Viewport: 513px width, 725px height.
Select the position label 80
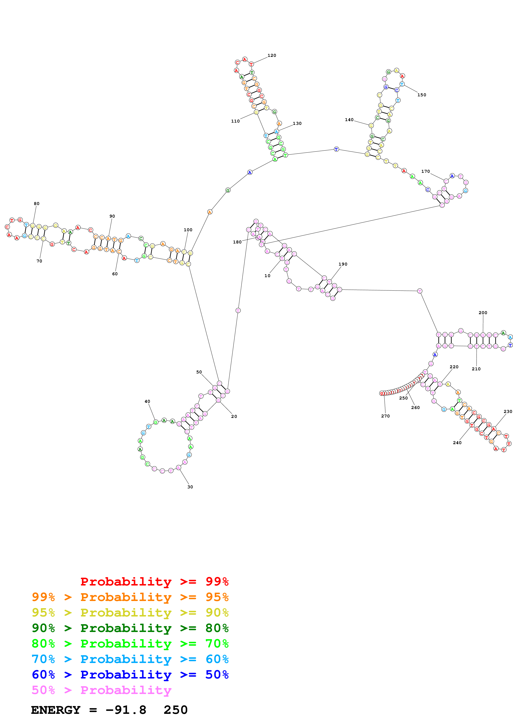pos(37,204)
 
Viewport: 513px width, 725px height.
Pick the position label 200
pos(483,313)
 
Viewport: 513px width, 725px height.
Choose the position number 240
pos(457,443)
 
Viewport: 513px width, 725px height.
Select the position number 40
pos(147,401)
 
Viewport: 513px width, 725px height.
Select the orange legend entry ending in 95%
pos(130,597)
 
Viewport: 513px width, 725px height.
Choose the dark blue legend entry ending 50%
pos(130,675)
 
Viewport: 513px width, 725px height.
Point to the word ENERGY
pos(56,710)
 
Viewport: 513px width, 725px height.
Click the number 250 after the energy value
pos(175,710)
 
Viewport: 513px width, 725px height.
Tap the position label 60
pos(115,274)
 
